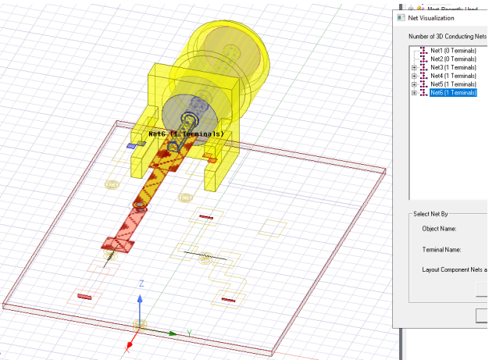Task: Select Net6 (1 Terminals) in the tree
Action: pyautogui.click(x=453, y=93)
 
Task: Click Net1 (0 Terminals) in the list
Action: pyautogui.click(x=453, y=51)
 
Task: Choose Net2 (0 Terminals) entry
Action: pyautogui.click(x=453, y=59)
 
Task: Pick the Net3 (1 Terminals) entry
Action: pyautogui.click(x=453, y=68)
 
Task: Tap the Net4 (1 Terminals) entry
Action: pyautogui.click(x=453, y=76)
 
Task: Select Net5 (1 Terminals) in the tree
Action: pyautogui.click(x=453, y=84)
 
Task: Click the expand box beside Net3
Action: pyautogui.click(x=414, y=68)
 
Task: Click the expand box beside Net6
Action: pyautogui.click(x=414, y=93)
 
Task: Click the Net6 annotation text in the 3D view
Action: pyautogui.click(x=186, y=134)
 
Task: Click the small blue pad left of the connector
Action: pyautogui.click(x=131, y=146)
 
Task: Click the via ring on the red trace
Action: pyautogui.click(x=139, y=206)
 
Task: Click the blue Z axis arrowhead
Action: pyautogui.click(x=141, y=298)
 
